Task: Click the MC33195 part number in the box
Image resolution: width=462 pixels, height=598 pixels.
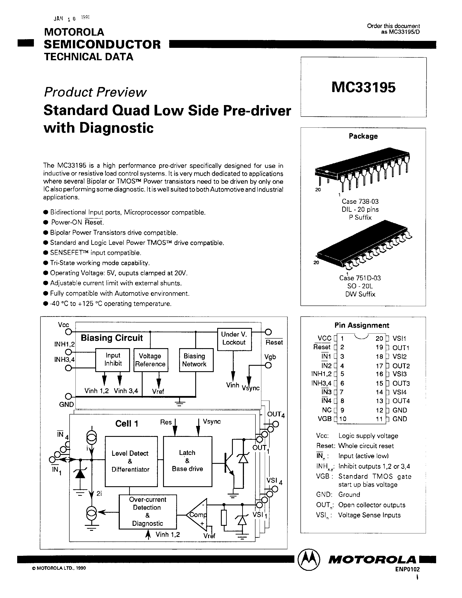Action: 363,88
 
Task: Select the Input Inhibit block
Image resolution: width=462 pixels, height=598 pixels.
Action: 112,359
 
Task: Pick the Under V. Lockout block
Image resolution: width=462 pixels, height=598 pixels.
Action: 234,339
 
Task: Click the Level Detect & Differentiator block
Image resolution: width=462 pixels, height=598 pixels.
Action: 131,461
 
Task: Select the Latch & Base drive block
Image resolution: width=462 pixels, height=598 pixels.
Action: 187,461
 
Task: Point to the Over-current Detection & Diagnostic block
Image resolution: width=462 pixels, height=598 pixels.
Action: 148,511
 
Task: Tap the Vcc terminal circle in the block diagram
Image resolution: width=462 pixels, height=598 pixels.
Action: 68,332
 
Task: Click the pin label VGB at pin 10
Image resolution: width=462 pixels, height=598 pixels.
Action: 324,419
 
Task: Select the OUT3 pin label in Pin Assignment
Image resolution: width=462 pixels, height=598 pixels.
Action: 401,383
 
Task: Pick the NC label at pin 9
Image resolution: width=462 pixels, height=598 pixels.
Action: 327,410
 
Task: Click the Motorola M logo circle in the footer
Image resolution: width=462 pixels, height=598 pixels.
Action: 309,560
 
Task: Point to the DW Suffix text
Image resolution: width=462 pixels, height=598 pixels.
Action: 360,294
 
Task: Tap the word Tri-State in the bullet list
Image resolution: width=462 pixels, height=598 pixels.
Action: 62,263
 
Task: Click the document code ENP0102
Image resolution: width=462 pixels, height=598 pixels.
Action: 407,569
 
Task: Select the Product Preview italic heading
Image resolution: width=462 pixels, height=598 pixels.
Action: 95,92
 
